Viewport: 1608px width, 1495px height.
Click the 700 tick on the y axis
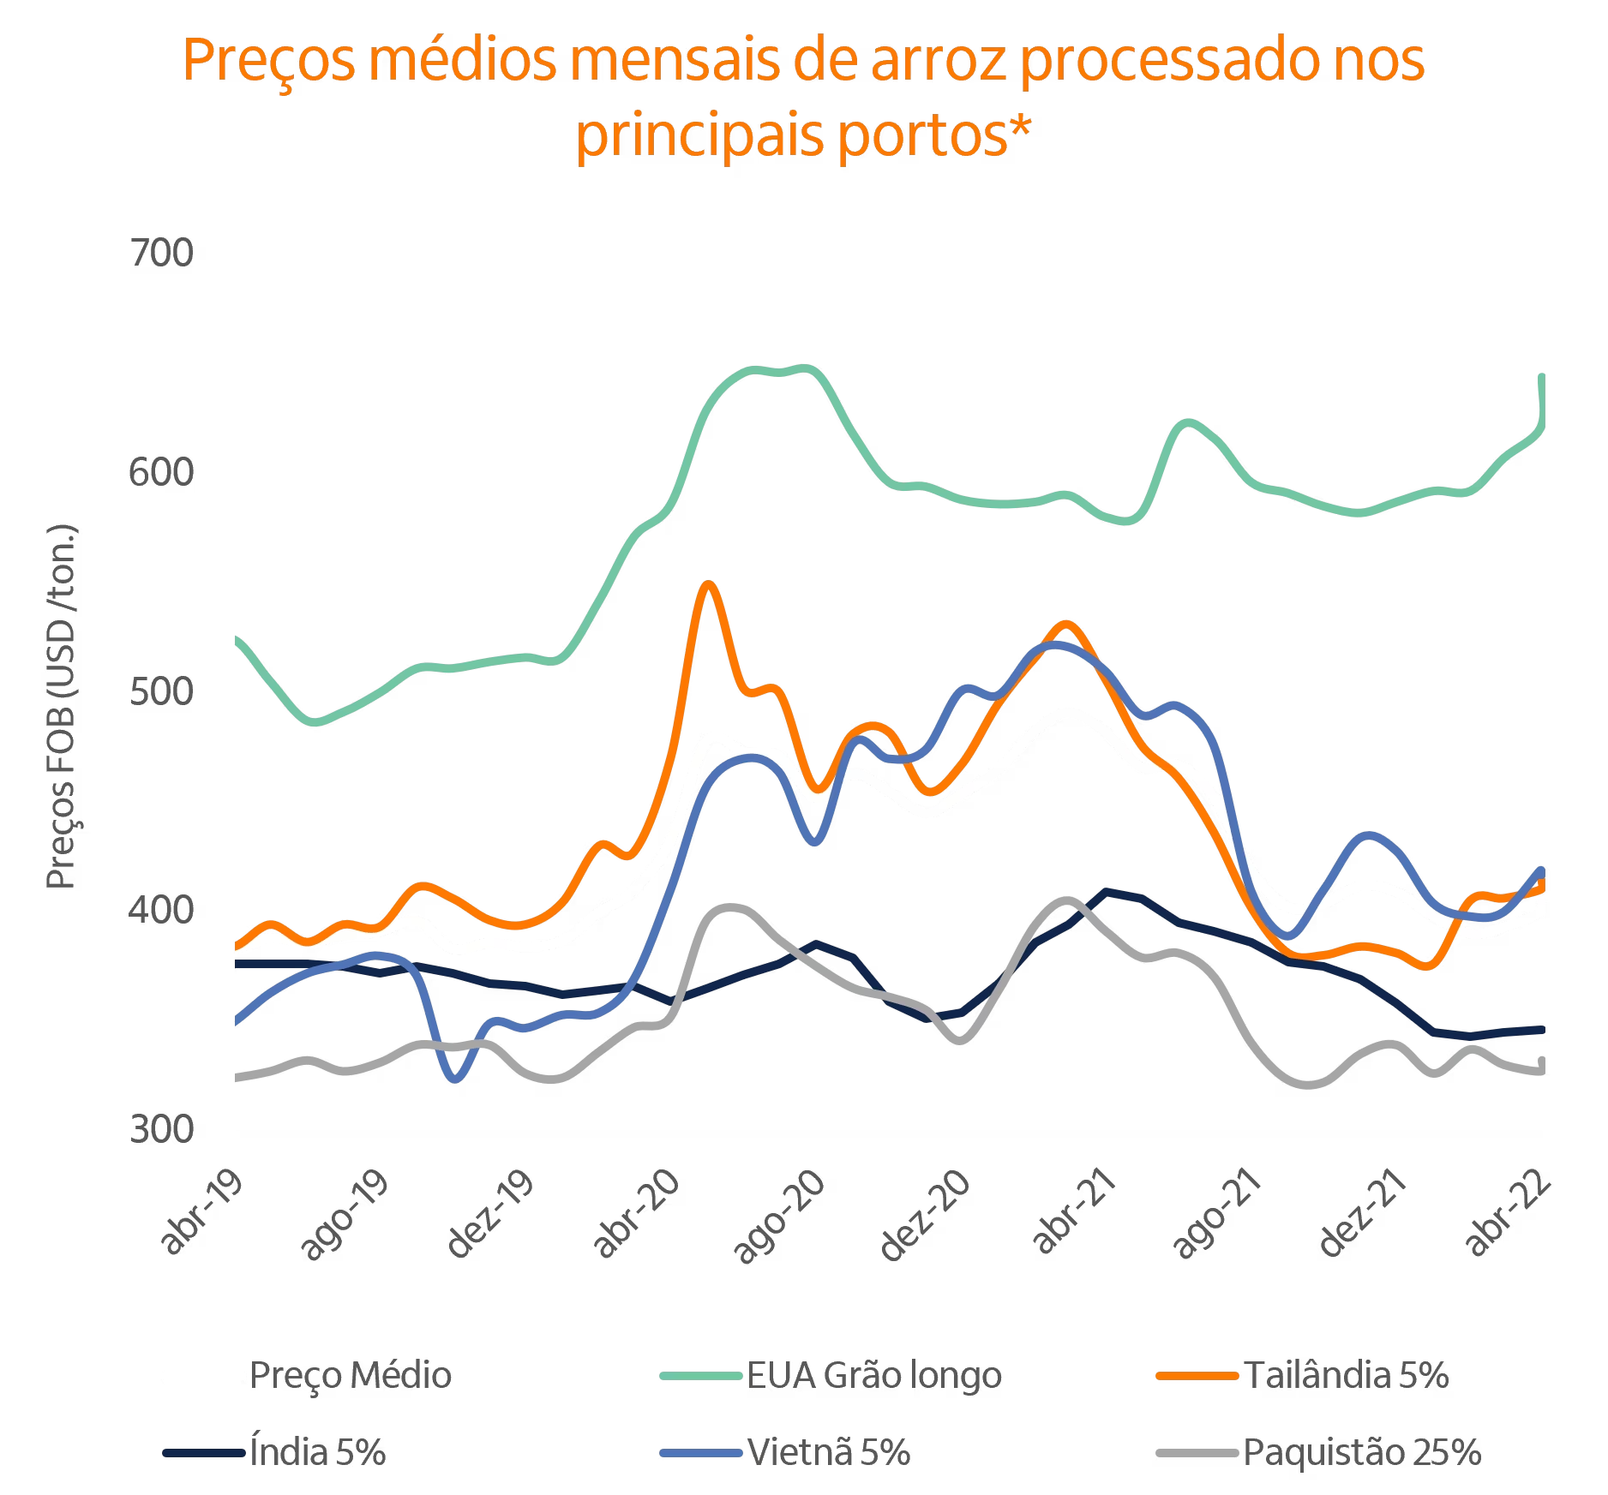click(161, 253)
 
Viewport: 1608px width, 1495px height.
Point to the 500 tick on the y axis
click(161, 691)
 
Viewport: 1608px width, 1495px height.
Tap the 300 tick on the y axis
click(161, 1128)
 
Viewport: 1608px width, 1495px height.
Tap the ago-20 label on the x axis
click(780, 1215)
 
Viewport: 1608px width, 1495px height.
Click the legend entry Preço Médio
click(350, 1375)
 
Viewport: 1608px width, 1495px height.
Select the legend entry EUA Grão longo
click(873, 1375)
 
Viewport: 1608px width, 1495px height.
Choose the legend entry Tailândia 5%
click(1345, 1375)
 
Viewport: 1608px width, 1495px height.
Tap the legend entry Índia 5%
click(317, 1452)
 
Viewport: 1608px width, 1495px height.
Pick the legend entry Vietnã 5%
click(828, 1452)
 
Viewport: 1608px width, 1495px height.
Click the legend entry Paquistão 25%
click(1361, 1452)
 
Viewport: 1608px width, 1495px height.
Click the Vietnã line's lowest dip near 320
click(455, 1079)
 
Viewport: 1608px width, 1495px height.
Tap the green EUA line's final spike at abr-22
click(1542, 377)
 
